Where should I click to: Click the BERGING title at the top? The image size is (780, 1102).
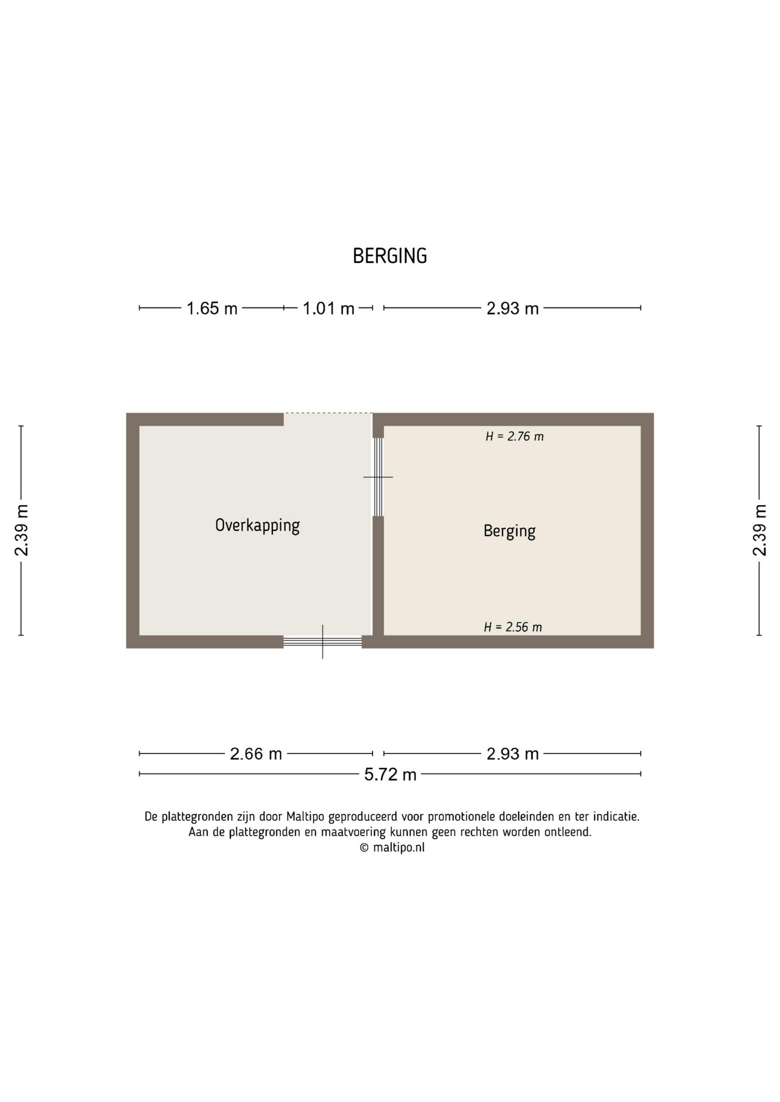coord(390,256)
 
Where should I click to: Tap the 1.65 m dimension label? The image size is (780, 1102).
coord(212,308)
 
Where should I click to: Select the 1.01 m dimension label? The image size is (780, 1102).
coord(329,308)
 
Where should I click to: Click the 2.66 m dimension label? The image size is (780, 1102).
coord(256,754)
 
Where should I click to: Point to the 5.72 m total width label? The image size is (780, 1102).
coord(391,774)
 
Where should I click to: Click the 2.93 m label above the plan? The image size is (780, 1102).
coord(512,308)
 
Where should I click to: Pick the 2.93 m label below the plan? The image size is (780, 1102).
coord(512,754)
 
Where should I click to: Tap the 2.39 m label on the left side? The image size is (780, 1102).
coord(21,530)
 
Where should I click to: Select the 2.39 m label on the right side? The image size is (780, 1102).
coord(759,530)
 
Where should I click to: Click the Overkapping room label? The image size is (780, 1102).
coord(257,526)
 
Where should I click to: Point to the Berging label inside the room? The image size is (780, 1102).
coord(509,531)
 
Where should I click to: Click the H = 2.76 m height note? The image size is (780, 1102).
coord(515,436)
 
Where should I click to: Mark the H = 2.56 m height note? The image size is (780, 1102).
coord(513,627)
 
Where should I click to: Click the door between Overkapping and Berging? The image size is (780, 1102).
coord(378,477)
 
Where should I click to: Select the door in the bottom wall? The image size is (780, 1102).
coord(322,642)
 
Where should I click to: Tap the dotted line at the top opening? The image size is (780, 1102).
coord(328,413)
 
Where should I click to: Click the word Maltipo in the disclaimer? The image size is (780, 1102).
coord(306,816)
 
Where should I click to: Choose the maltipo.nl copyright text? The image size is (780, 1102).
coord(392,847)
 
